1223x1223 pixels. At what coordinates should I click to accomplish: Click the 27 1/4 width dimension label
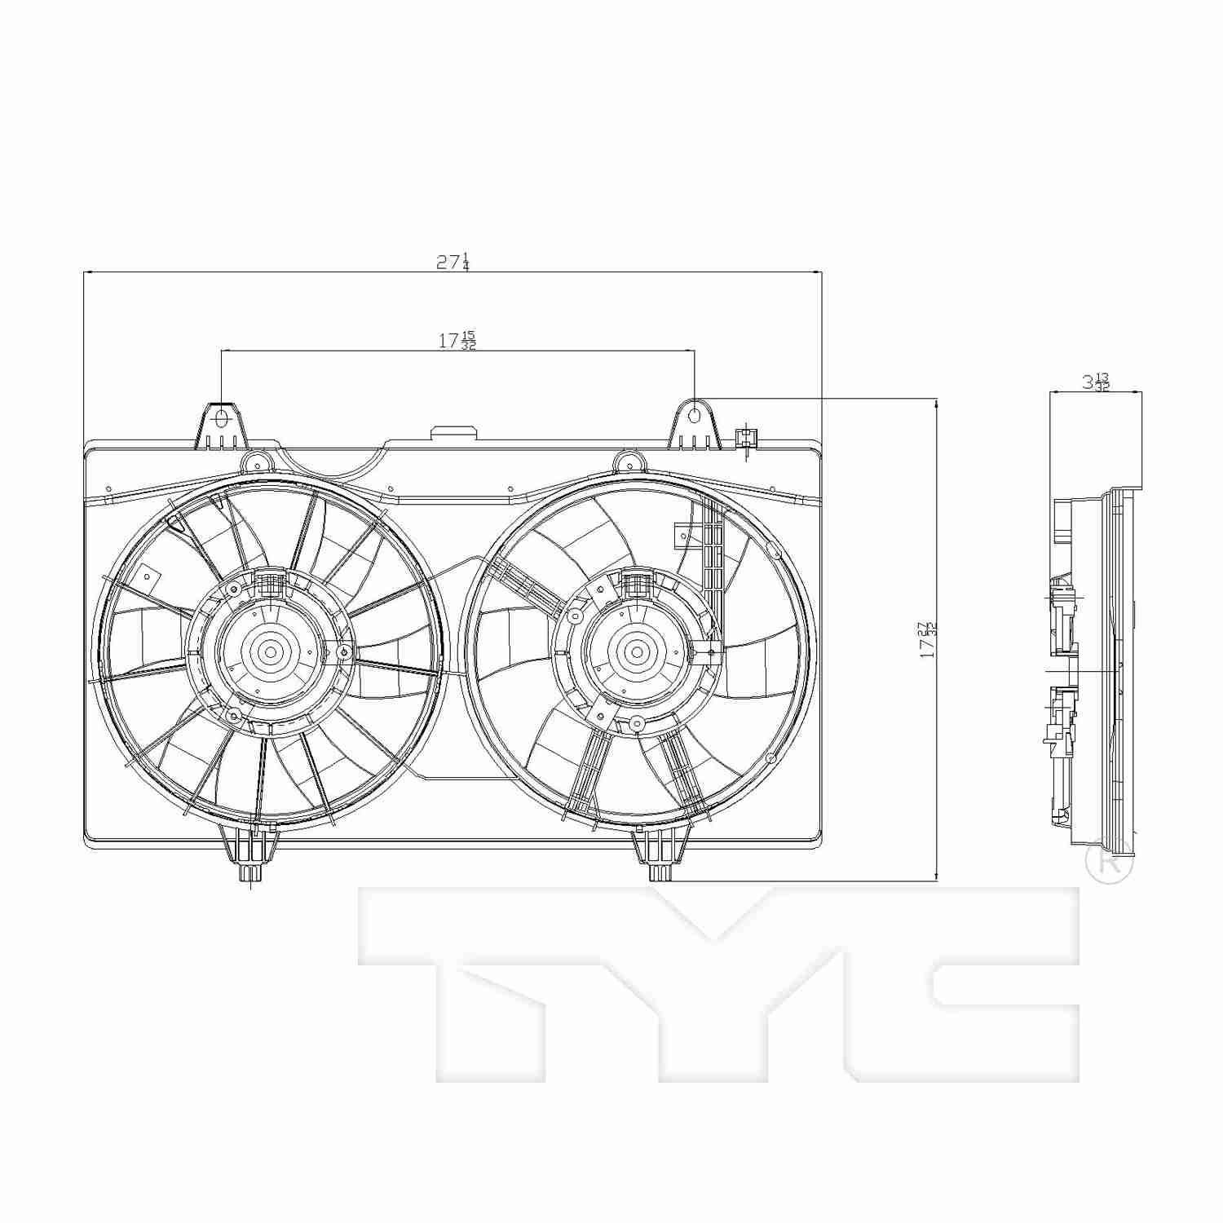453,262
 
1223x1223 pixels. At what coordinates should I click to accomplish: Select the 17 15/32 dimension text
457,341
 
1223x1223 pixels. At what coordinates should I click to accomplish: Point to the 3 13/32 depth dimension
1096,381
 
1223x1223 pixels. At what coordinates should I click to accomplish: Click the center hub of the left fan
269,651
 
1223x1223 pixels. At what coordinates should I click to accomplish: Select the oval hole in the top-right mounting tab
694,416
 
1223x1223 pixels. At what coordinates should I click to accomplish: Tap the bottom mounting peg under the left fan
250,871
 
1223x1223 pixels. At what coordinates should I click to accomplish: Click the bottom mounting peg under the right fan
660,871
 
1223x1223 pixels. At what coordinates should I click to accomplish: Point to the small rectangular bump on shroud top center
455,433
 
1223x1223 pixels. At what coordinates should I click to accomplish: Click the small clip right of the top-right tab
745,439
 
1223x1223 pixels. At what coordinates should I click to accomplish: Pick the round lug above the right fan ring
626,461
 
